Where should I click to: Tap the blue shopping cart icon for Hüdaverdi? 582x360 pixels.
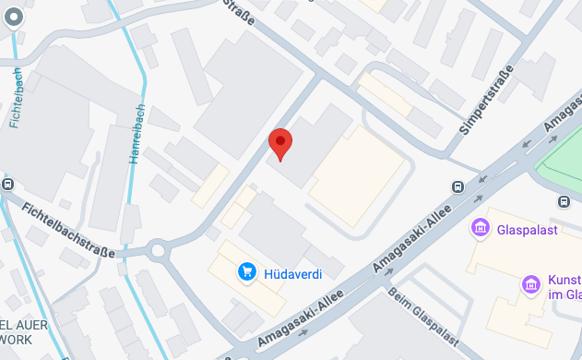[246, 271]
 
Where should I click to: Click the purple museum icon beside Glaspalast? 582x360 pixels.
[480, 227]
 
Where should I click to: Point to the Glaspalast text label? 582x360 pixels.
[528, 229]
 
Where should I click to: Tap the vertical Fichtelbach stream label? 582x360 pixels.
[16, 97]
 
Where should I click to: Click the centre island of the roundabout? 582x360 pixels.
[158, 249]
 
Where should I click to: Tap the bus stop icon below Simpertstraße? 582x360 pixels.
[457, 187]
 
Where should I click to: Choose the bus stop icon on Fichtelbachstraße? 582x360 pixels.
[6, 183]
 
